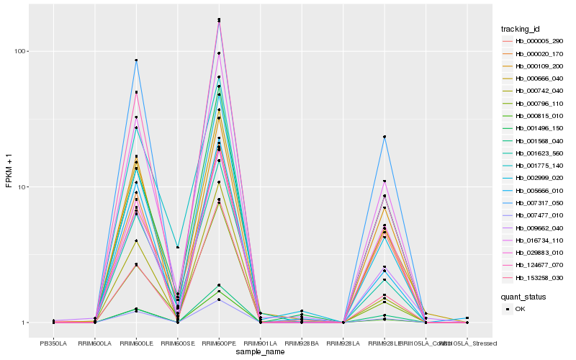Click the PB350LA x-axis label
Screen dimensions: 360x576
pos(54,343)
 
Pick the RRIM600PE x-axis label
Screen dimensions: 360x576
pos(219,343)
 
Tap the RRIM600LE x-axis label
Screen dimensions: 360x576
pos(136,343)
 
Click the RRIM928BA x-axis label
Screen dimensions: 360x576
pos(302,343)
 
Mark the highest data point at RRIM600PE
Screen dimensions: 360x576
pos(219,19)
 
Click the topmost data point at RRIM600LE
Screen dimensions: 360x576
pos(136,60)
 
